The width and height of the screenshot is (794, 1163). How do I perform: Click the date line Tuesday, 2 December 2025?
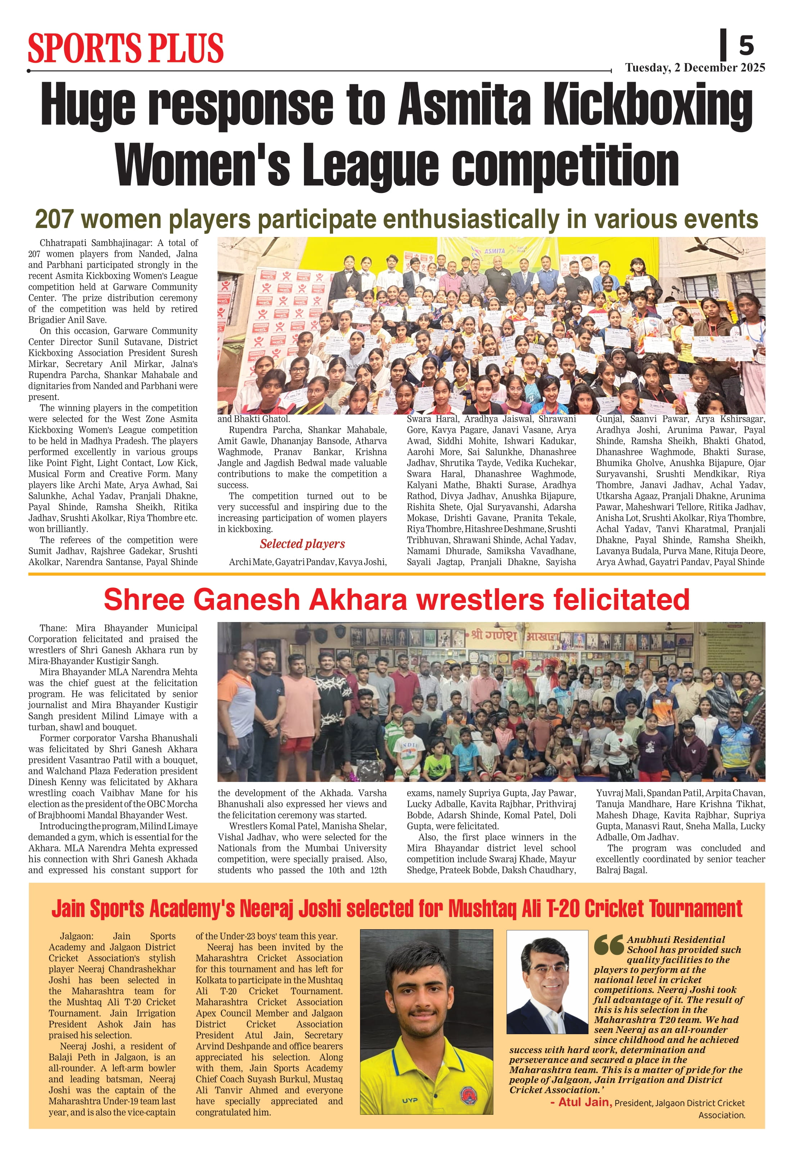click(695, 68)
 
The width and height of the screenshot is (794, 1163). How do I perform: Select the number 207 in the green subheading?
click(54, 219)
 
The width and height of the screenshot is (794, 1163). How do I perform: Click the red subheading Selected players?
click(302, 544)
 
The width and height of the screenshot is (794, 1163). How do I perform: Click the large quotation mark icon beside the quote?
click(609, 944)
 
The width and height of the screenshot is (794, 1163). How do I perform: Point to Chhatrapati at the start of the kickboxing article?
click(65, 243)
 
